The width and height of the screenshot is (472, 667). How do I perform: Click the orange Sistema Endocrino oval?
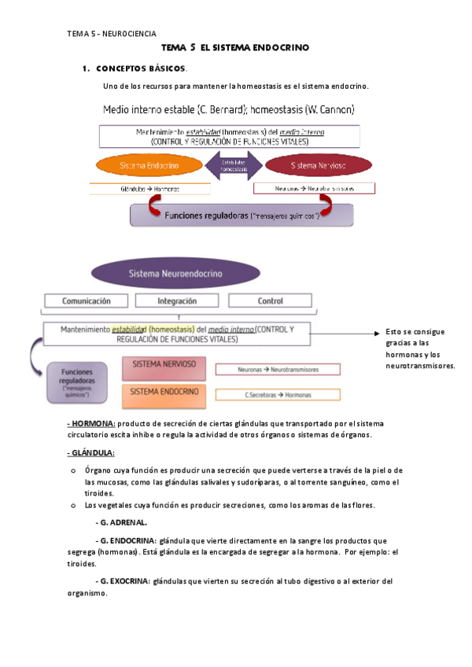tap(150, 166)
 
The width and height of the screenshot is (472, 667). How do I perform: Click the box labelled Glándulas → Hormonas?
tap(150, 189)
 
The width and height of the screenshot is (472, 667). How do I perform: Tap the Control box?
tap(270, 300)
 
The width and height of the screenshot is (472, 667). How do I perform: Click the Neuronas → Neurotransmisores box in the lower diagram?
tap(278, 369)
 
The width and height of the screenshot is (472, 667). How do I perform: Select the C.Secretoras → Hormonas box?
tap(278, 395)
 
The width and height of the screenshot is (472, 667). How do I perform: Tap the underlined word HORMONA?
tap(91, 423)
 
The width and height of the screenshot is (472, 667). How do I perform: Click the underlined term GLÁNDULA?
tap(91, 452)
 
